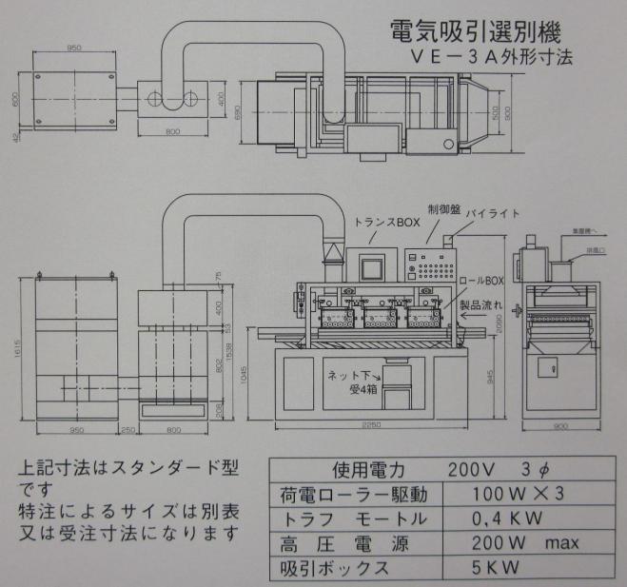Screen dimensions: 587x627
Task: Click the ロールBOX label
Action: click(482, 281)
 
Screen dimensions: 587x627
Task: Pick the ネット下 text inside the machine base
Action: click(348, 377)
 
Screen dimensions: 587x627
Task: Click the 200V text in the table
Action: click(470, 471)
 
